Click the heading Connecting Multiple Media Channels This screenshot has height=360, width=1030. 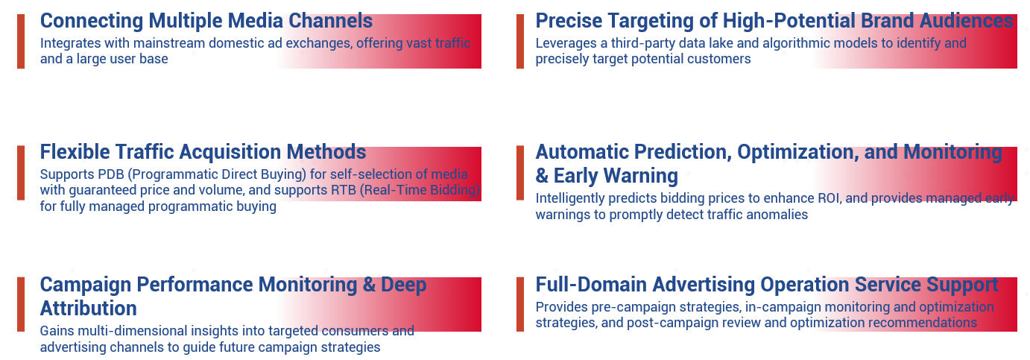[206, 21]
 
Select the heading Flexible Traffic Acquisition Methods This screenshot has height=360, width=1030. [203, 152]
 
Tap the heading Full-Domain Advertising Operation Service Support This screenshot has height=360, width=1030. [767, 285]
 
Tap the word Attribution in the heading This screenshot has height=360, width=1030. [88, 309]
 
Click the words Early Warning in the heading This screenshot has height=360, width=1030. [616, 176]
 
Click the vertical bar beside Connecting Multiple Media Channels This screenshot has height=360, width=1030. [21, 42]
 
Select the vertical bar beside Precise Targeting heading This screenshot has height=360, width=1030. [520, 42]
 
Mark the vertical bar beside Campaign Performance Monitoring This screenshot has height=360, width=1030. [21, 304]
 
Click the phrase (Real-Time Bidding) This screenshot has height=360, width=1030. [420, 190]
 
